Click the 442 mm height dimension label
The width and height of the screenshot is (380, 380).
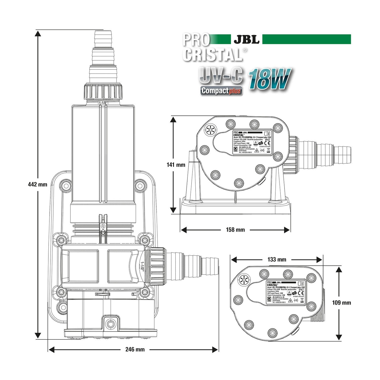pos(37,184)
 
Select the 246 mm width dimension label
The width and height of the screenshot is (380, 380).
pos(135,349)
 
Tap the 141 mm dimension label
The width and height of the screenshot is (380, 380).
pos(177,165)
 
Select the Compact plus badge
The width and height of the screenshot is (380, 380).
pos(221,91)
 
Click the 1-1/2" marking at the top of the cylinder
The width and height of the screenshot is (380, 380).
pos(103,103)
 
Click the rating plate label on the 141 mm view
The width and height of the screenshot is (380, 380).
pos(251,142)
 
